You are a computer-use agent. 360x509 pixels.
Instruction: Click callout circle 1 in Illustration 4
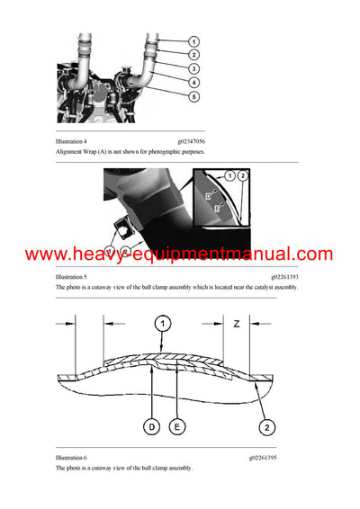(195, 41)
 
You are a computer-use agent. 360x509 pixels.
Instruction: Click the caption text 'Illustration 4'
(72, 142)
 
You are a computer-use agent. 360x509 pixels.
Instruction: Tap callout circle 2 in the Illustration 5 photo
(244, 175)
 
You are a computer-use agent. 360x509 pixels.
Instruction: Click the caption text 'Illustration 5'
(72, 277)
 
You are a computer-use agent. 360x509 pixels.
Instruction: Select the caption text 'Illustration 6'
(72, 458)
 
